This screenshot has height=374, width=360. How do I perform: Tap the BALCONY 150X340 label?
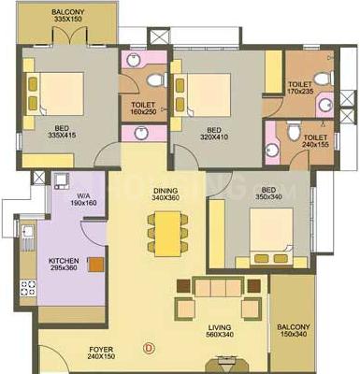(294, 331)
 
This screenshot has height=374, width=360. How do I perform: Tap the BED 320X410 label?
(214, 134)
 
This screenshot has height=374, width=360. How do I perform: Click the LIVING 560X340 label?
(221, 330)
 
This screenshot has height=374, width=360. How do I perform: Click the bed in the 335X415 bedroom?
(58, 93)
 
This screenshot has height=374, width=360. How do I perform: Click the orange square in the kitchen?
(95, 265)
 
